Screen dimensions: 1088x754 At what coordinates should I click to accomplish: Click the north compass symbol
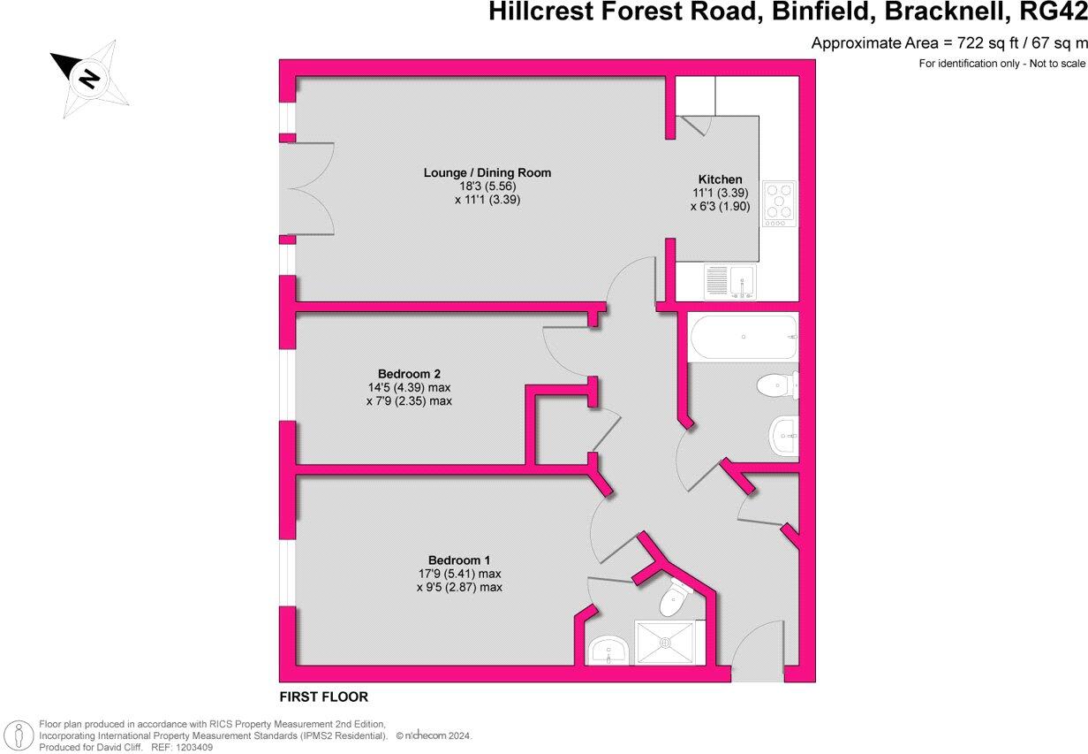tap(89, 79)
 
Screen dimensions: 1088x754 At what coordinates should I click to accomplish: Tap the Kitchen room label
tap(720, 179)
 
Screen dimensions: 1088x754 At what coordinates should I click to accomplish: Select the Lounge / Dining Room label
tap(487, 172)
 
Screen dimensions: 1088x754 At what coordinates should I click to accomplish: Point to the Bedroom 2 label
tap(409, 374)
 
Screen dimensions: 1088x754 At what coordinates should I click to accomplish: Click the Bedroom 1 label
tap(459, 560)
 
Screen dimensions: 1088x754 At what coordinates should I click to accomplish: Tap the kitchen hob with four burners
tap(779, 203)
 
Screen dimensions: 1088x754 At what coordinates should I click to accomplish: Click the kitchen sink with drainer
tap(730, 281)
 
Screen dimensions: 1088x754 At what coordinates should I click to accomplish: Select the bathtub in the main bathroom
tap(744, 338)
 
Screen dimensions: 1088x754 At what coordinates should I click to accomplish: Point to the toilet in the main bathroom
tap(778, 385)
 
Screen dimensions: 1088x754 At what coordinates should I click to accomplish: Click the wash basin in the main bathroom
tap(784, 436)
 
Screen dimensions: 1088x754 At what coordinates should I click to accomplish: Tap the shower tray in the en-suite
tap(664, 643)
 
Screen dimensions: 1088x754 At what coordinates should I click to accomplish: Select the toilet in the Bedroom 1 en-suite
tap(675, 598)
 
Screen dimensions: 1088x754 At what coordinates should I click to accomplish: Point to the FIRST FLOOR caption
tap(323, 697)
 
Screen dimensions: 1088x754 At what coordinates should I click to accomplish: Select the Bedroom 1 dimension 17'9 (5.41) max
tap(459, 574)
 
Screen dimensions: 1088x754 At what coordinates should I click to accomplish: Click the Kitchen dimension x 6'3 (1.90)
tap(720, 206)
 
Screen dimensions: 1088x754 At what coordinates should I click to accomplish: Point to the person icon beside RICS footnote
tap(19, 735)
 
